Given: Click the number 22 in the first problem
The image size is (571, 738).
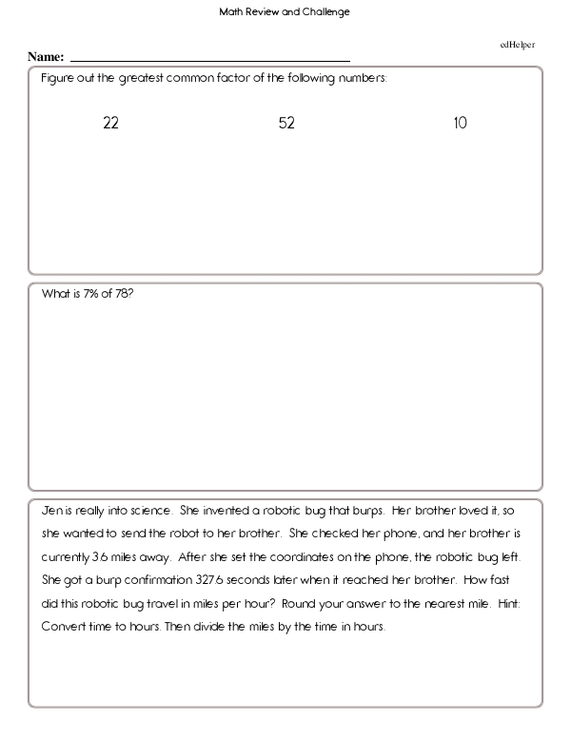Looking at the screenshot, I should [x=110, y=124].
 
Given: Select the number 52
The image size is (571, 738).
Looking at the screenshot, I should [x=286, y=124].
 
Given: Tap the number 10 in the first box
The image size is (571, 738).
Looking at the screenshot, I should [x=461, y=124].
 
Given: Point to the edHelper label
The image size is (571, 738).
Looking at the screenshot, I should [x=517, y=45].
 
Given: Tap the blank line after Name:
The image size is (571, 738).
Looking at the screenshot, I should [x=209, y=59].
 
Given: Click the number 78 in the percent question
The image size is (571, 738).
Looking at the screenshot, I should [x=125, y=294].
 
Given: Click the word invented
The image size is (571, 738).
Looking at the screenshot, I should [x=220, y=510].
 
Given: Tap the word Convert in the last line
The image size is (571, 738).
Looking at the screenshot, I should [x=64, y=628].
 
